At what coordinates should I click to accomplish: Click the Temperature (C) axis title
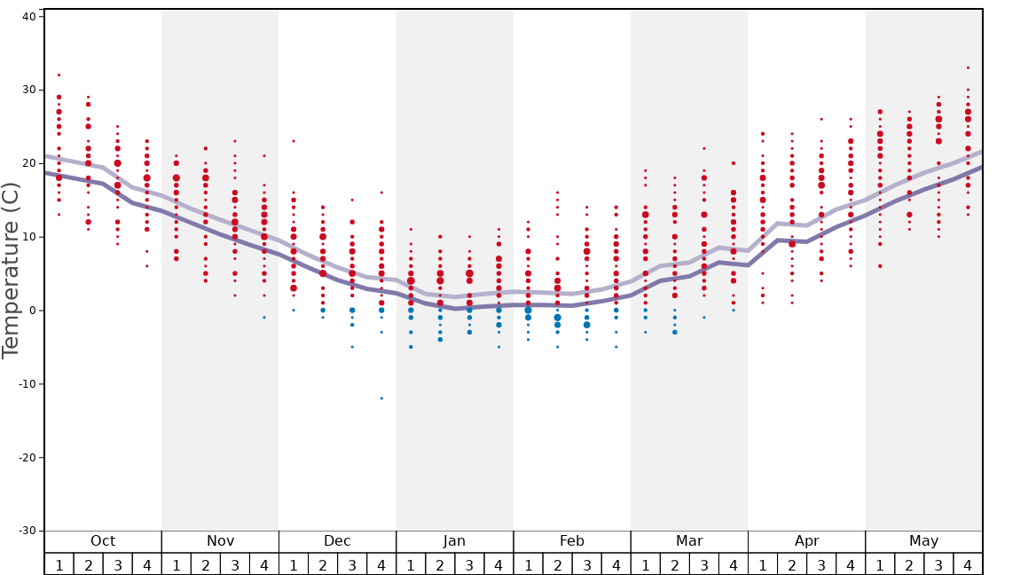tap(11, 270)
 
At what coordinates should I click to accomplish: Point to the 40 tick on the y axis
tap(28, 16)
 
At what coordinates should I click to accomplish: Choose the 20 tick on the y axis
tap(28, 163)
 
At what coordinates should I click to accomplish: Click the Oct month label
tap(103, 541)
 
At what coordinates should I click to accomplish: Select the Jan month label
tap(454, 541)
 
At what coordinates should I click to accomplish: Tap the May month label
tap(923, 541)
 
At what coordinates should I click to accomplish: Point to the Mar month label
tap(689, 541)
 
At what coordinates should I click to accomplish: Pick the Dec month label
tap(337, 541)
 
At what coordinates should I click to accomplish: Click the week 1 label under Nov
tap(177, 565)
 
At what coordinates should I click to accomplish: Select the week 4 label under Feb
tap(616, 565)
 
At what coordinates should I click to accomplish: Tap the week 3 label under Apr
tap(821, 565)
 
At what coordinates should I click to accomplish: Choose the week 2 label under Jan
tap(440, 565)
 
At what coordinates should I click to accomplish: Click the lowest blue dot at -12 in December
tap(381, 398)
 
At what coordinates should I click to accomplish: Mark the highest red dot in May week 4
tap(968, 67)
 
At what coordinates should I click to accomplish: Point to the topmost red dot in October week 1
tap(59, 75)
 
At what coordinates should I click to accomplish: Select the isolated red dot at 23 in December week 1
tap(294, 141)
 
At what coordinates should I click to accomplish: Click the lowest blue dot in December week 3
tap(352, 347)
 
